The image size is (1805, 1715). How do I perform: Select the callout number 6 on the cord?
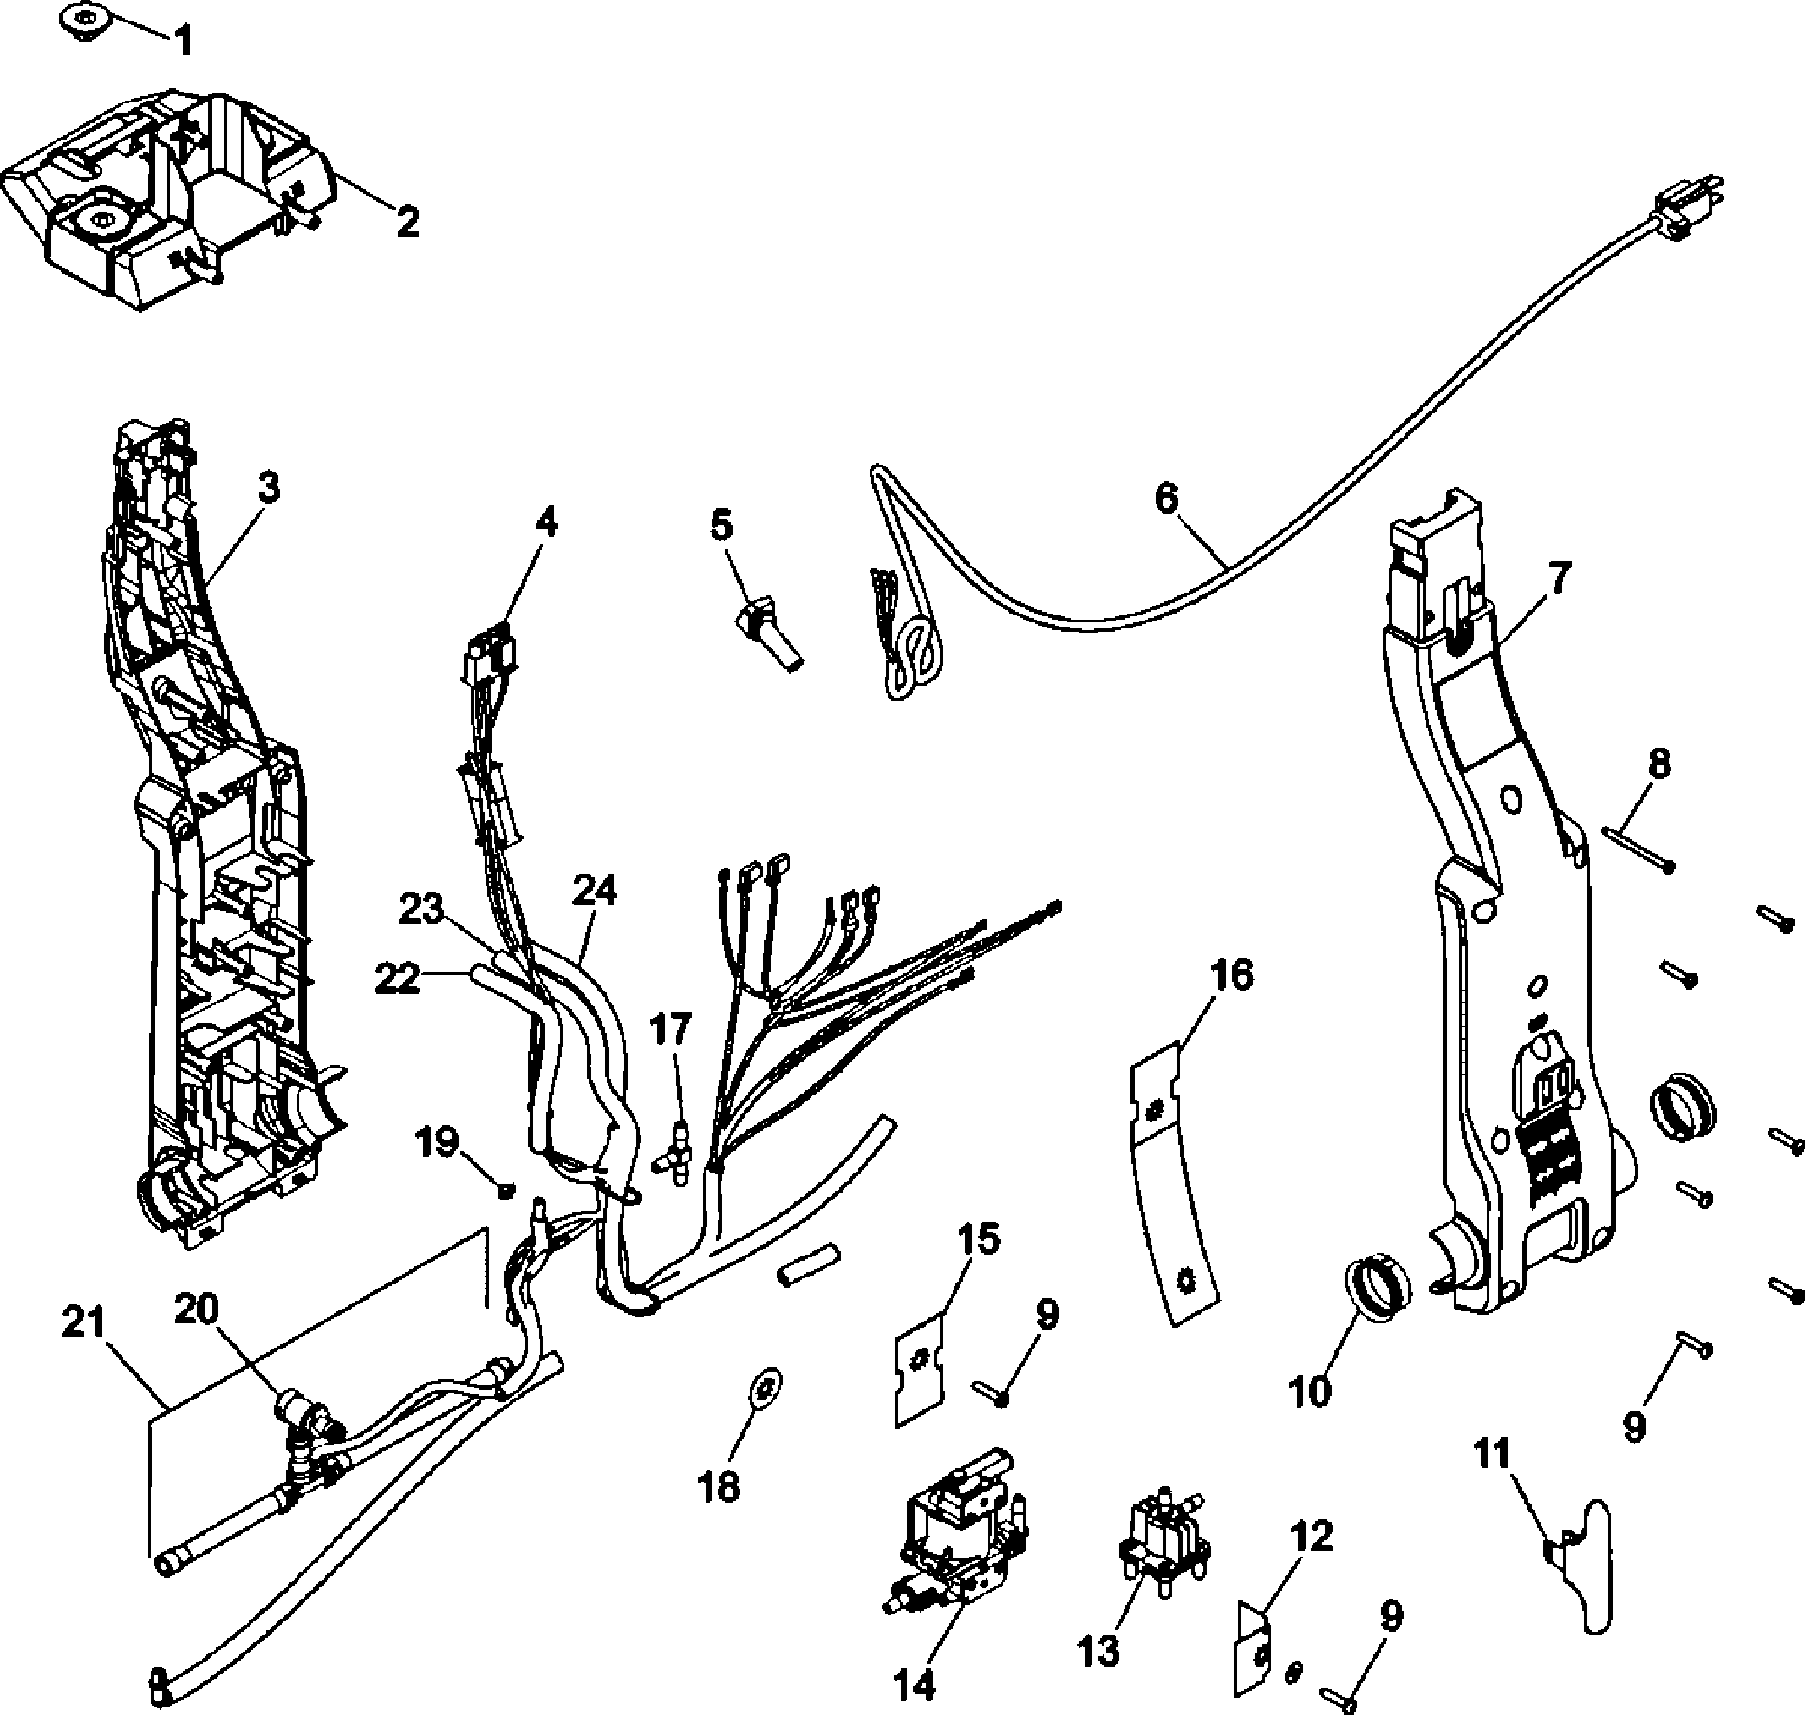pos(1166,499)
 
